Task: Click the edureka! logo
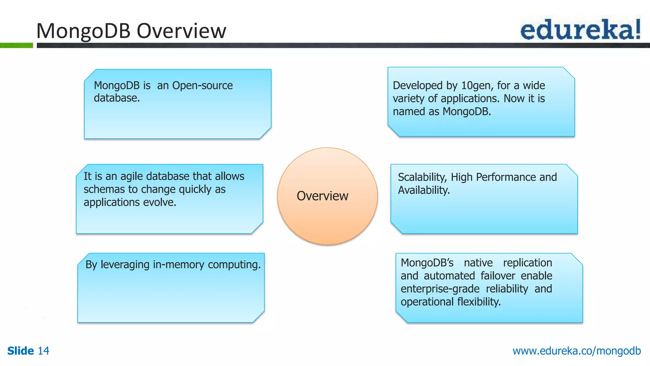tap(580, 29)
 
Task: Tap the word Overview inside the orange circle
tap(322, 196)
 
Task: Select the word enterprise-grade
tap(440, 289)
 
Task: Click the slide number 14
tap(43, 351)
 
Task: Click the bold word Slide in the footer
tap(20, 351)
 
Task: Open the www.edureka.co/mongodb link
tap(576, 351)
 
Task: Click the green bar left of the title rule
tap(16, 45)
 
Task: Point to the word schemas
tap(104, 189)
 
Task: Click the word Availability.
tap(424, 190)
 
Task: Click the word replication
tap(527, 263)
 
